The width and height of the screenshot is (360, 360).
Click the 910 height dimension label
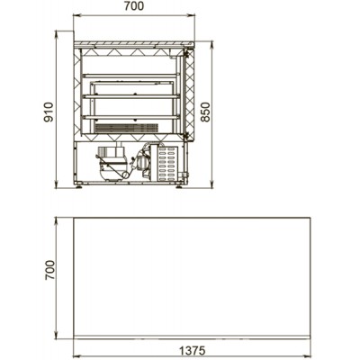coord(49,112)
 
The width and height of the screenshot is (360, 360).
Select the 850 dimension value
coord(205,112)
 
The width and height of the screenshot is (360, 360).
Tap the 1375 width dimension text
coord(192,350)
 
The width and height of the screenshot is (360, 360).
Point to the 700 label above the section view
coord(134,6)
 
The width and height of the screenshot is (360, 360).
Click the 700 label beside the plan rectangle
coord(49,270)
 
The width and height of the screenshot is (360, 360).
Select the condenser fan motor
coord(142,162)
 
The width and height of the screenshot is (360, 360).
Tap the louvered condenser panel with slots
coord(166,164)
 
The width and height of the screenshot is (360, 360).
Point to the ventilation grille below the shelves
coord(126,128)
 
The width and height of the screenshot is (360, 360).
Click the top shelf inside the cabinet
coord(131,76)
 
